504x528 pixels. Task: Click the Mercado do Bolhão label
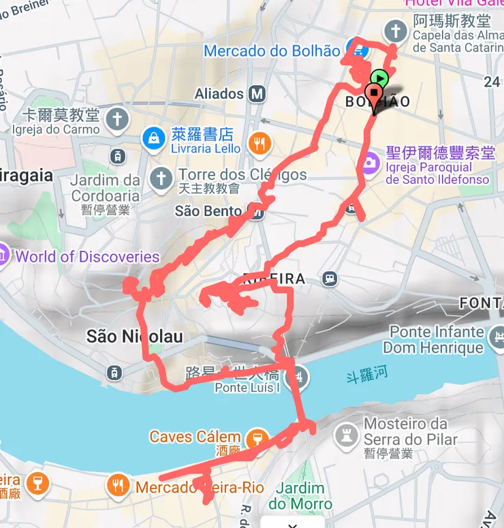click(x=272, y=51)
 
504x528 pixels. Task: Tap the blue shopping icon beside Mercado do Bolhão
click(x=354, y=49)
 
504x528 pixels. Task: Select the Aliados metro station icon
click(x=257, y=93)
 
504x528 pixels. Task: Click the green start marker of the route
click(x=379, y=78)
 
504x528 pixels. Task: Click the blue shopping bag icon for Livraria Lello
click(x=154, y=139)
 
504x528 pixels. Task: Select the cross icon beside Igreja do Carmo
click(x=117, y=119)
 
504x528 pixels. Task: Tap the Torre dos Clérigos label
click(x=242, y=174)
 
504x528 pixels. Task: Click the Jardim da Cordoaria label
click(x=105, y=188)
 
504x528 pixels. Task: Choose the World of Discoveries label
click(x=87, y=257)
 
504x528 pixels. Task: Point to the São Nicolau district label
click(x=134, y=336)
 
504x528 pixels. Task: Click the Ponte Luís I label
click(x=247, y=388)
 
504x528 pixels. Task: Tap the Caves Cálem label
click(x=195, y=437)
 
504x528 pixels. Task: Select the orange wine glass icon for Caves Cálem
click(x=257, y=439)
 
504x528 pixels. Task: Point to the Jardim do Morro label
click(x=296, y=496)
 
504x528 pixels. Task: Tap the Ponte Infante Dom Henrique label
click(x=433, y=340)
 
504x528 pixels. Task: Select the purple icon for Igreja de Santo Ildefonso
click(x=369, y=163)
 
